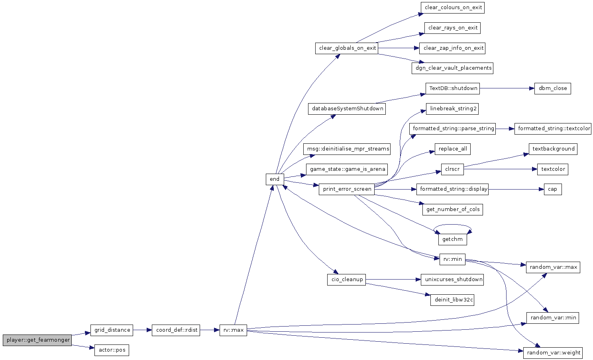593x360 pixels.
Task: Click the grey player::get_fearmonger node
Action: click(x=37, y=340)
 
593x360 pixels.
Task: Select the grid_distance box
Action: click(x=112, y=330)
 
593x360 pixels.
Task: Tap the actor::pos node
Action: click(x=112, y=350)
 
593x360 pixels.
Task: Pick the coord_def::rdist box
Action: click(x=176, y=330)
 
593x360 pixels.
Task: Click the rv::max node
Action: click(x=233, y=330)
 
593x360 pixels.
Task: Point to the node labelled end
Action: click(x=275, y=179)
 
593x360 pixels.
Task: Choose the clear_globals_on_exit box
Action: click(x=347, y=48)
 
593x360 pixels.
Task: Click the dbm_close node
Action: click(x=552, y=88)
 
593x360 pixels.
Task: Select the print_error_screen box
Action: click(x=347, y=189)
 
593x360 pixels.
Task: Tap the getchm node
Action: click(x=452, y=239)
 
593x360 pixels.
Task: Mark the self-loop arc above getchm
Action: click(x=452, y=225)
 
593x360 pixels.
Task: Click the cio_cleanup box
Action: click(x=347, y=280)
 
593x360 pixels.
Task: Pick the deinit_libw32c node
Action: click(x=452, y=300)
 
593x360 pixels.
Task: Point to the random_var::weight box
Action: click(x=553, y=353)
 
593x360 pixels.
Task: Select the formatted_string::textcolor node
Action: click(x=553, y=129)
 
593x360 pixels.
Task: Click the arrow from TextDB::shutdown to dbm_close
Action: click(x=507, y=88)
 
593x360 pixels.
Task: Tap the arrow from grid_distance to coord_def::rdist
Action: click(x=142, y=330)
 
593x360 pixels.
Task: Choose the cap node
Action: click(x=553, y=189)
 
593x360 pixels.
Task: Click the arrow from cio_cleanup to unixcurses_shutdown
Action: click(x=393, y=280)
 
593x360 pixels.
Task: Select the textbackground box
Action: click(x=553, y=149)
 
